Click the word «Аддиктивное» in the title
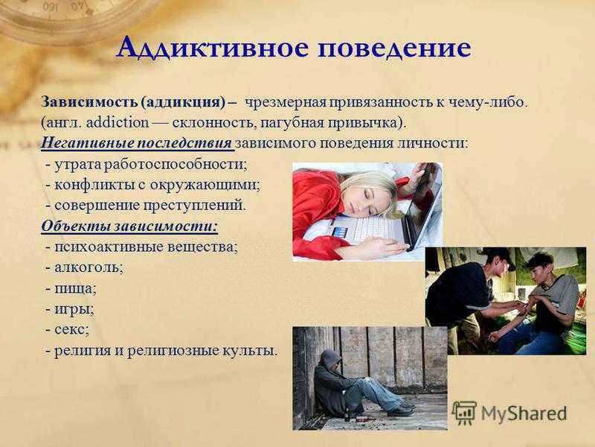[212, 48]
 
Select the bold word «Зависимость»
[89, 102]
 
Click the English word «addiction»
[118, 123]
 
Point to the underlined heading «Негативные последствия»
[137, 143]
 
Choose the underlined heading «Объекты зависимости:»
[129, 226]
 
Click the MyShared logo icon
[463, 413]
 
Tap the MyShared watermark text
[524, 413]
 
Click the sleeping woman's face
[364, 200]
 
